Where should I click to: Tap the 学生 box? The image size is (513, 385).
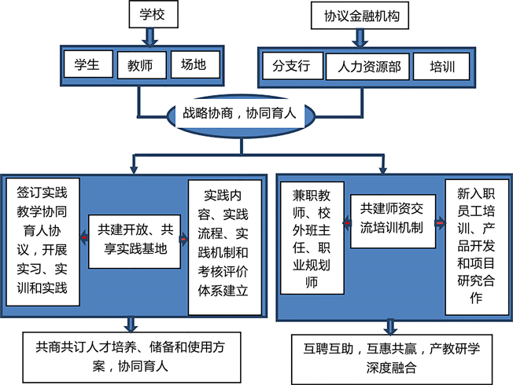[x=87, y=65]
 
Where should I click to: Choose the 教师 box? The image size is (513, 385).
[x=140, y=65]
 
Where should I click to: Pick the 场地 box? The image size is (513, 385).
[x=193, y=65]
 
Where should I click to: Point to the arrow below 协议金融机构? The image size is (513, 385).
[x=356, y=37]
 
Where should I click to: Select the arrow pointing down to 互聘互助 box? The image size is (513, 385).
[x=390, y=325]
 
